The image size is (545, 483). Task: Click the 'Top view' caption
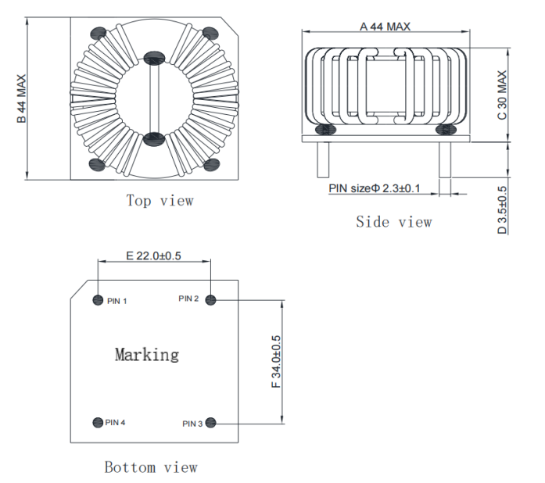click(160, 201)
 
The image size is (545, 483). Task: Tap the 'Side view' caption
click(393, 222)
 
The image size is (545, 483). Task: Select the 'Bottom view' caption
click(151, 467)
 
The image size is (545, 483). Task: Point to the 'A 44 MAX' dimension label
click(385, 27)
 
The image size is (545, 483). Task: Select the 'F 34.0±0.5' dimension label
click(276, 362)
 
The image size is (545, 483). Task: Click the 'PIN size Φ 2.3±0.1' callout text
click(375, 188)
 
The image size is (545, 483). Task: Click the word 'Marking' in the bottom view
click(147, 355)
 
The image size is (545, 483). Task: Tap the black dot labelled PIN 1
click(98, 300)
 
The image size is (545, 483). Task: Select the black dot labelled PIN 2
click(210, 300)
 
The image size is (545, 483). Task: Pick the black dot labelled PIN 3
click(210, 423)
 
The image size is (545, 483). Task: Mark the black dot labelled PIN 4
click(98, 422)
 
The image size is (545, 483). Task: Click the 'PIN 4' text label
click(116, 423)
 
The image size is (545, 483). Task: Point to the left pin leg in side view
click(322, 161)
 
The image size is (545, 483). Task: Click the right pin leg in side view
click(445, 161)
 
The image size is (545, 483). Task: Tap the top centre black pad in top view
click(153, 58)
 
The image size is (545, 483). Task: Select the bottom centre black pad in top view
click(153, 138)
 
